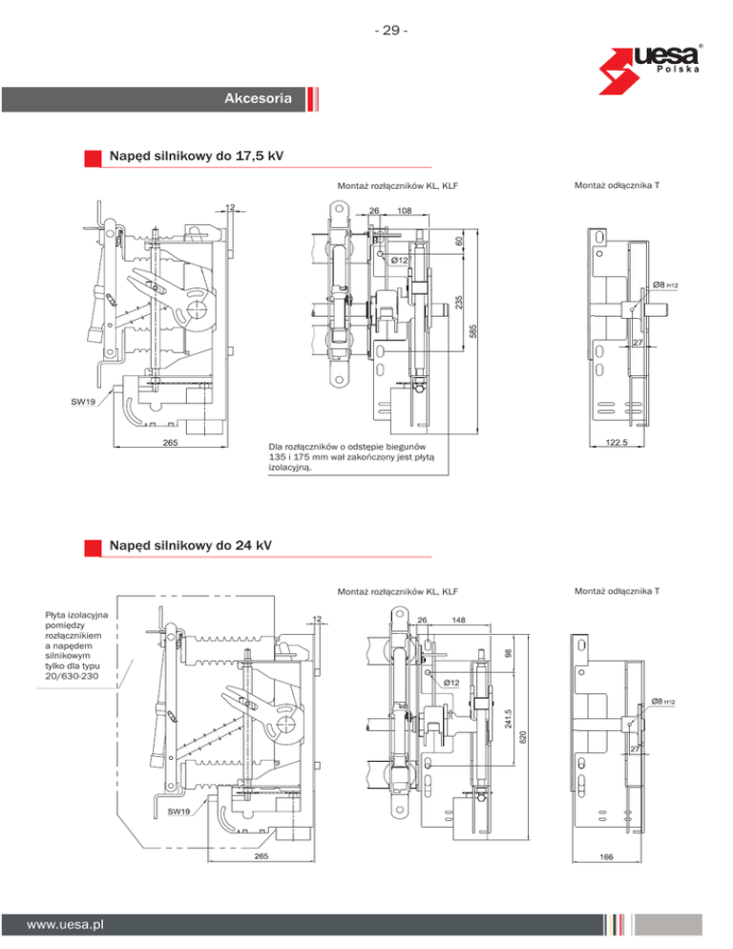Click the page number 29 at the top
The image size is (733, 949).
point(391,31)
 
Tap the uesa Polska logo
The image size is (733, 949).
point(649,69)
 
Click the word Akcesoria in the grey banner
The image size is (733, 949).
point(258,98)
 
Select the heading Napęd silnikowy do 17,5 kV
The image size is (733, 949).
point(196,157)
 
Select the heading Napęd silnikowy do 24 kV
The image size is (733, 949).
point(190,545)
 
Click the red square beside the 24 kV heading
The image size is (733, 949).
point(93,548)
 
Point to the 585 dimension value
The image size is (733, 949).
point(473,330)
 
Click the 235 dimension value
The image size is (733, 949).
point(459,302)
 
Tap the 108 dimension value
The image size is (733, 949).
point(405,211)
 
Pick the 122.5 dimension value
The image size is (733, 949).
point(617,442)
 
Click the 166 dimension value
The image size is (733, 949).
point(606,856)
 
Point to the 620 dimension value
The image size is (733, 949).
point(523,736)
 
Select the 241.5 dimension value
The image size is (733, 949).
point(509,719)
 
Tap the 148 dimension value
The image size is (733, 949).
point(458,620)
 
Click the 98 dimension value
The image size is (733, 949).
point(509,653)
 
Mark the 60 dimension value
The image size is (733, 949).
point(459,241)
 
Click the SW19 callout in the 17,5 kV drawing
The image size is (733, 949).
point(83,401)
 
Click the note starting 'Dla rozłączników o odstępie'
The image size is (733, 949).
point(351,457)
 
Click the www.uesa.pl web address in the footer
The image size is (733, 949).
point(65,925)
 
